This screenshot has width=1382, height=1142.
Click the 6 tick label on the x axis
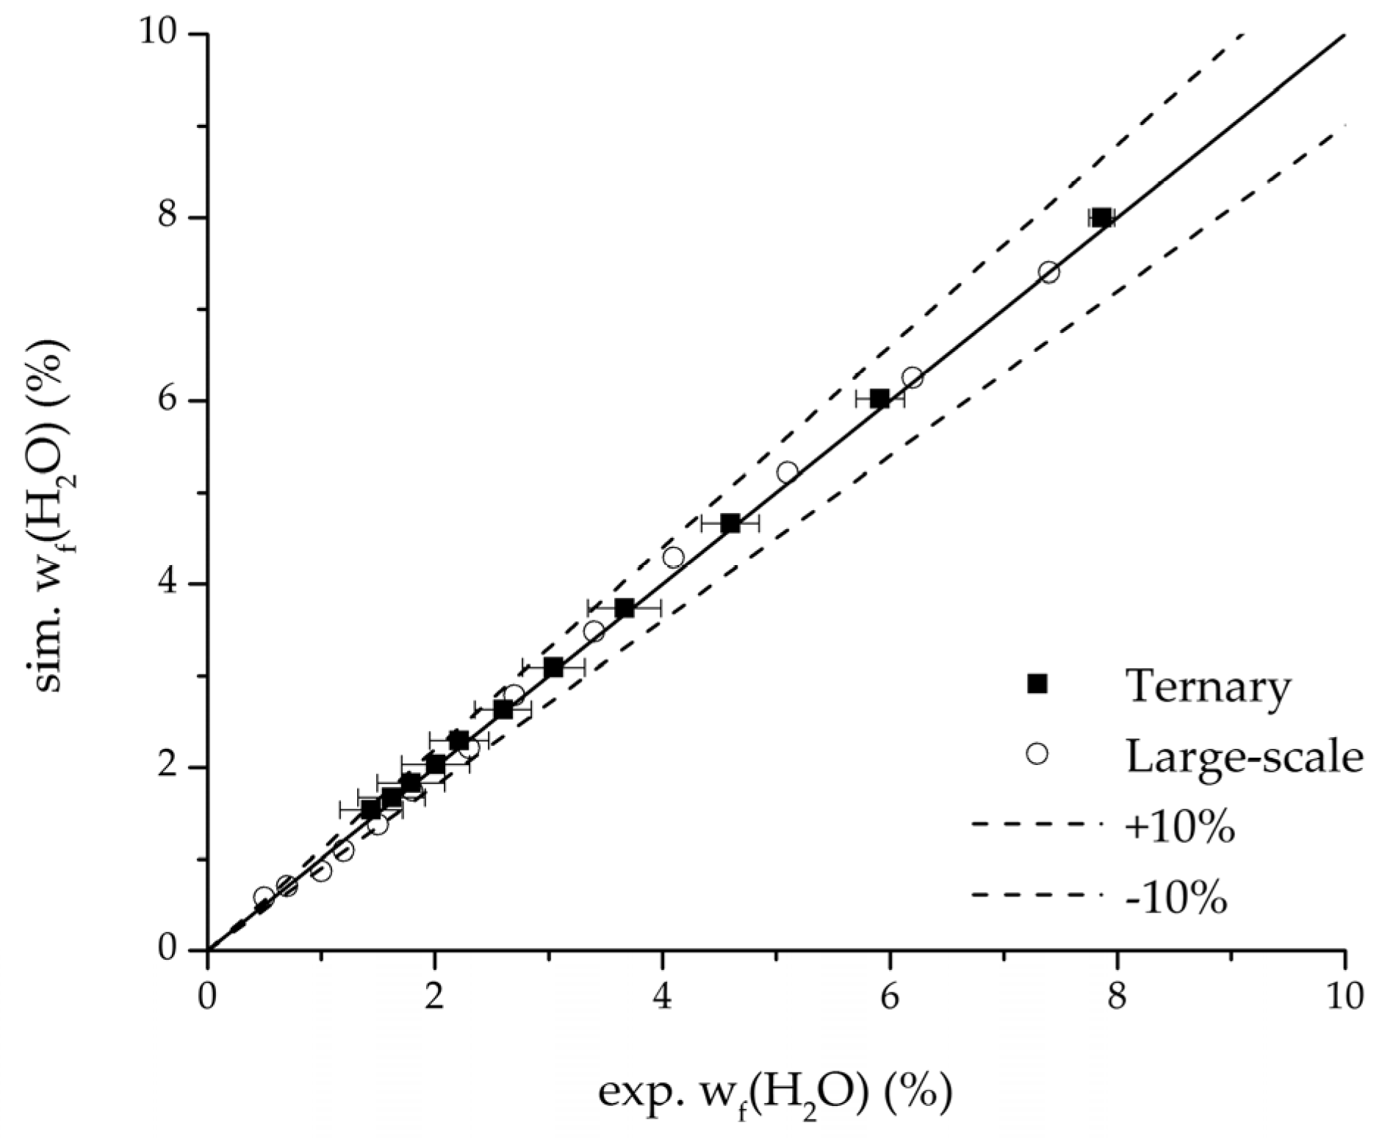pos(890,998)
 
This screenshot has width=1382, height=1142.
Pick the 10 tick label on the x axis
pos(1344,998)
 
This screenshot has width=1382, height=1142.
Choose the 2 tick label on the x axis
pos(435,998)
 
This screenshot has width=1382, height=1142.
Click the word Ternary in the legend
pos(1207,686)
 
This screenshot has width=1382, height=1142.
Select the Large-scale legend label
pos(1245,756)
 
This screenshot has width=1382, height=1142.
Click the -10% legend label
pos(1176,897)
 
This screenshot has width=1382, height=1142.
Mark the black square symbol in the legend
pos(1037,684)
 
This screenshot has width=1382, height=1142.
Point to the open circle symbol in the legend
pos(1037,755)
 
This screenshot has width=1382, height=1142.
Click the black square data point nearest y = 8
pos(1101,218)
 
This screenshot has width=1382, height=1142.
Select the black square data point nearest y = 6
pos(879,399)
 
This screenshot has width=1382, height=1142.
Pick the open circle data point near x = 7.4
pos(1048,272)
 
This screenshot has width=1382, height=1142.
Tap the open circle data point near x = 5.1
pos(788,471)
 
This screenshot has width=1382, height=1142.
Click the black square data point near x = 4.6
pos(730,523)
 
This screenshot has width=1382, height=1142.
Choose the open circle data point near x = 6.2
pos(913,378)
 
